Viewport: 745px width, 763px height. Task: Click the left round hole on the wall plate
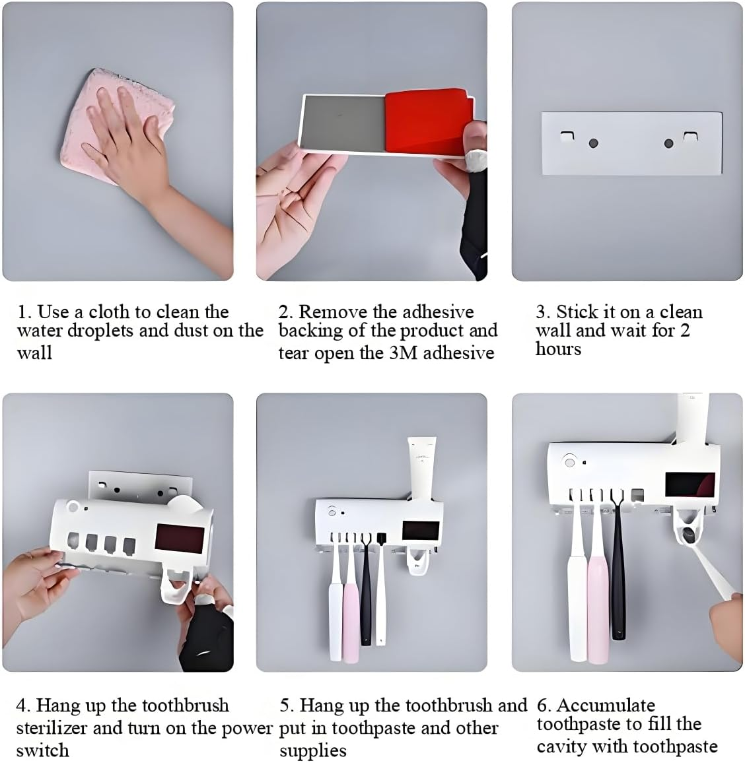click(x=592, y=143)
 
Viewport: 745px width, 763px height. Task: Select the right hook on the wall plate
click(x=690, y=136)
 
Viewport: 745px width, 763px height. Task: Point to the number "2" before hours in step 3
click(x=684, y=330)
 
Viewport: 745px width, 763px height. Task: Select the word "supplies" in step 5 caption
click(x=312, y=750)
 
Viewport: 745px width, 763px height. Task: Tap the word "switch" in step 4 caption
click(x=42, y=750)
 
